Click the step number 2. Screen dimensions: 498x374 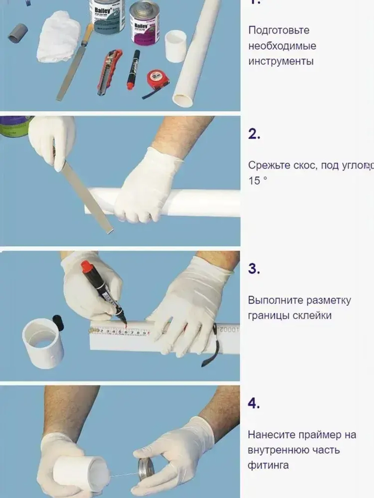tap(254, 134)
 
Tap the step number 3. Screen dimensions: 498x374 tap(254, 269)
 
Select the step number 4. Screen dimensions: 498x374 tap(254, 403)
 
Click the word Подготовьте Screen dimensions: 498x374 tap(279, 30)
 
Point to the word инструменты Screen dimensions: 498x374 tap(280, 61)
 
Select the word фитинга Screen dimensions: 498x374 tap(268, 465)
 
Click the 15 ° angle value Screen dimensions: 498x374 tap(258, 181)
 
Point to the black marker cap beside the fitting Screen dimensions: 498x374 tap(58, 323)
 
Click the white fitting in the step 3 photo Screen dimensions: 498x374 tap(42, 343)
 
